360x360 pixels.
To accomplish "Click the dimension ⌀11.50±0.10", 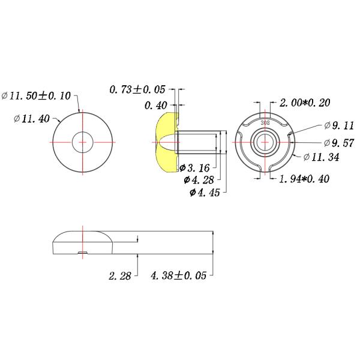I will tap(37, 96).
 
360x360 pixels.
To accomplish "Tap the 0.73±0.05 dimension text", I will tap(137, 90).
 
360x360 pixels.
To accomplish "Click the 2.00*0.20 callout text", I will tap(305, 103).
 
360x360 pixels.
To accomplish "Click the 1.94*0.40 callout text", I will tap(304, 179).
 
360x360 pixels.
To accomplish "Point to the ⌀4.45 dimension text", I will tap(205, 193).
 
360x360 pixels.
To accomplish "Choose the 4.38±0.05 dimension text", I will tap(178, 276).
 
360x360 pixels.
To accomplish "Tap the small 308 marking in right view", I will tap(265, 121).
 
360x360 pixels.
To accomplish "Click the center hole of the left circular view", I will tap(83, 142).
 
